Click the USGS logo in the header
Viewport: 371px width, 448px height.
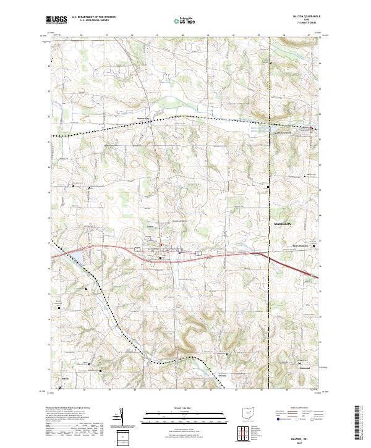coord(56,20)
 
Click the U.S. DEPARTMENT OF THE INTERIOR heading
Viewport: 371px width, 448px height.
coord(93,17)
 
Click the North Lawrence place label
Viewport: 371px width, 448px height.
coord(283,132)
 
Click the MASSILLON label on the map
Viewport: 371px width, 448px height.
coord(283,222)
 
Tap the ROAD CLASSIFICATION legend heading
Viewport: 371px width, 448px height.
coord(296,408)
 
